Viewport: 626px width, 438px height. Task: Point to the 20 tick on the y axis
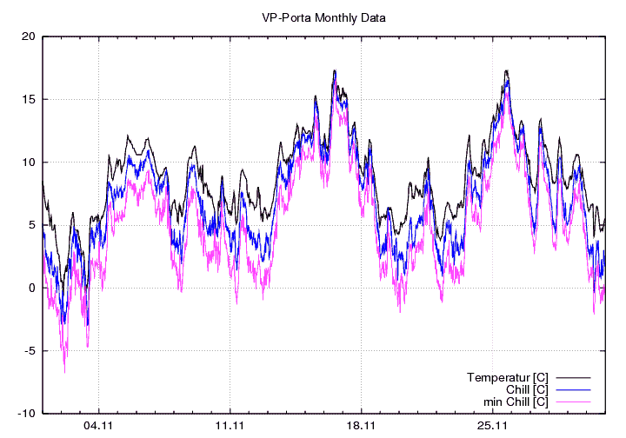click(x=29, y=36)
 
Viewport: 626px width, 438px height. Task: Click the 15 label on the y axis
click(x=29, y=99)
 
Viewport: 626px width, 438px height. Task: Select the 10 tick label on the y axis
click(x=29, y=163)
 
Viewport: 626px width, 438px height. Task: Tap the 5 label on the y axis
click(x=31, y=225)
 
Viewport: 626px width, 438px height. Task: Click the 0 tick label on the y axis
click(x=31, y=289)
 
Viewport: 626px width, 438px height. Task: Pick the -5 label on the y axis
click(x=30, y=351)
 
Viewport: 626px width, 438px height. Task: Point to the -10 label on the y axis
click(x=27, y=414)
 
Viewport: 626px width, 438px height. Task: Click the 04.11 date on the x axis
click(x=98, y=426)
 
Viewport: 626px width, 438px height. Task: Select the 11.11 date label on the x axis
click(x=230, y=426)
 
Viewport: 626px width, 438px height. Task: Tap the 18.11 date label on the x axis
click(x=361, y=426)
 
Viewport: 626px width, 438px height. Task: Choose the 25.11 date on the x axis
click(x=492, y=426)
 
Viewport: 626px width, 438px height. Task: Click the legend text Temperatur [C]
click(x=507, y=377)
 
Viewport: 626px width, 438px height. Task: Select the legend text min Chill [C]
click(x=515, y=401)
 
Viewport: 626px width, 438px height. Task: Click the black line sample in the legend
click(x=574, y=378)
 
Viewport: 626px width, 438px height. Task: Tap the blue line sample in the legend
click(x=574, y=390)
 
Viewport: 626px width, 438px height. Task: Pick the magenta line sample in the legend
click(x=574, y=402)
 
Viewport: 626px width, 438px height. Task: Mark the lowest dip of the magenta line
click(x=64, y=373)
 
